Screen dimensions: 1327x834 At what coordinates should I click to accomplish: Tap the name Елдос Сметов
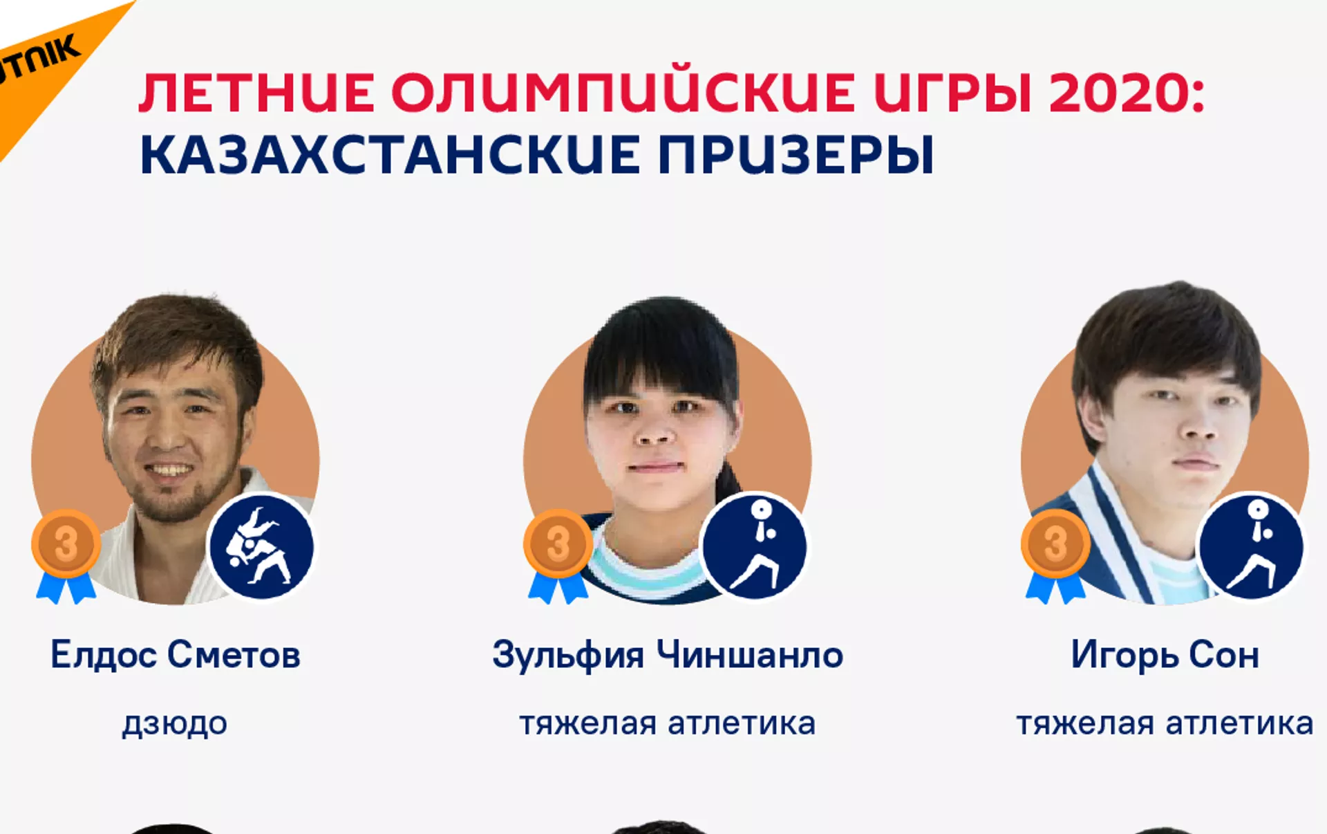pyautogui.click(x=176, y=654)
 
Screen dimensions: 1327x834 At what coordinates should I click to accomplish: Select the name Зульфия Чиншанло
pyautogui.click(x=668, y=655)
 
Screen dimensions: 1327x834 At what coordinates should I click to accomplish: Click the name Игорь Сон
pyautogui.click(x=1165, y=655)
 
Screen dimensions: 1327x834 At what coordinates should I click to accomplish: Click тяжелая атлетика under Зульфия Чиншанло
pyautogui.click(x=668, y=724)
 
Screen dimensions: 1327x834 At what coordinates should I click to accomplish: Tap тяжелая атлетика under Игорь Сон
pyautogui.click(x=1165, y=724)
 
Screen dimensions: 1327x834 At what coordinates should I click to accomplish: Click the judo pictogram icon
pyautogui.click(x=261, y=546)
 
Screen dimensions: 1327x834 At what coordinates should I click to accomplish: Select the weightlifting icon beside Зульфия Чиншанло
pyautogui.click(x=754, y=546)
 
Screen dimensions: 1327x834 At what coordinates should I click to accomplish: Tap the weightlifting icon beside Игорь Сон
pyautogui.click(x=1251, y=546)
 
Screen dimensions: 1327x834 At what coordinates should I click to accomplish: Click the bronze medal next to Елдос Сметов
pyautogui.click(x=66, y=544)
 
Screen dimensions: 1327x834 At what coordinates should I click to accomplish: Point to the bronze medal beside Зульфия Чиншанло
pyautogui.click(x=558, y=544)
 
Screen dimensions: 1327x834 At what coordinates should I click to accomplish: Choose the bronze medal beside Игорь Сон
pyautogui.click(x=1055, y=544)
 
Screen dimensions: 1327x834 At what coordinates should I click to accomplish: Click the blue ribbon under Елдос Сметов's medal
pyautogui.click(x=66, y=588)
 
